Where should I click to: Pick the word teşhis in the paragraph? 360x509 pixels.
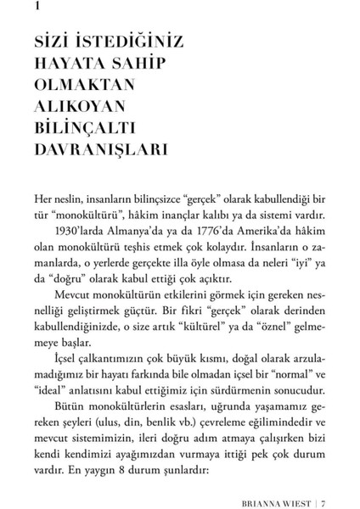[x=144, y=248]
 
